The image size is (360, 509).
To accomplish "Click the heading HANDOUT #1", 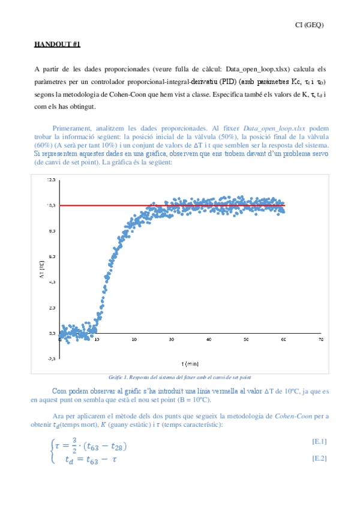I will click(58, 44).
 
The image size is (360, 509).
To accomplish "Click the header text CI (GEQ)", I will click(310, 25).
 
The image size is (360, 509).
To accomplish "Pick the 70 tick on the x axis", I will click(321, 340).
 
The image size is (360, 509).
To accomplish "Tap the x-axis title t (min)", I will click(191, 364).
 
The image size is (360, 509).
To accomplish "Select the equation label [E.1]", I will click(319, 442).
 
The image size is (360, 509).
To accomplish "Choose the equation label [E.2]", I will click(319, 458).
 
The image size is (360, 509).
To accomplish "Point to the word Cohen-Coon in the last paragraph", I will click(293, 416).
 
